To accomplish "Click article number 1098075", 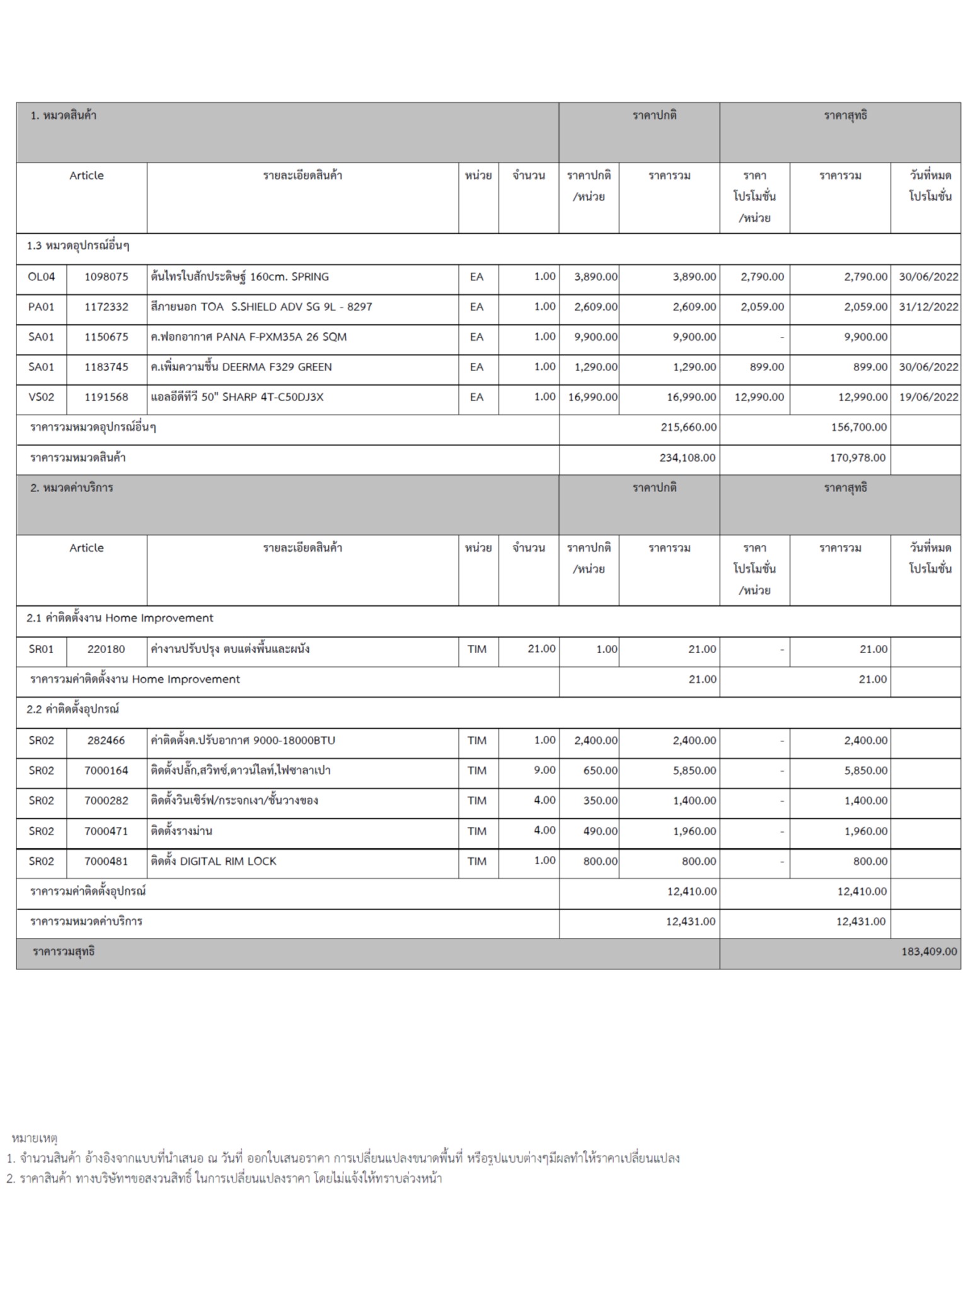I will [106, 277].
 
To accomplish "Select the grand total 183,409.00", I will [928, 952].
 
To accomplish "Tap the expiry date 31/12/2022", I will [928, 307].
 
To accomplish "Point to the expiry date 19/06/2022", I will [928, 397].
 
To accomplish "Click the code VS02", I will [42, 397].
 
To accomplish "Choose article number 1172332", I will [106, 307].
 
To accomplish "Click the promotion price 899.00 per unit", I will [767, 367].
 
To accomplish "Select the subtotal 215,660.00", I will [688, 427].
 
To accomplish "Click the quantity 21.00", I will [541, 649].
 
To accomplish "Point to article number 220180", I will [106, 649].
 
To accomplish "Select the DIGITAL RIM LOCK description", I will [213, 861].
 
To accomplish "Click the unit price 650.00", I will [600, 770].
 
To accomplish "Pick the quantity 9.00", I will [544, 770].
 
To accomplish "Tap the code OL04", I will [42, 277].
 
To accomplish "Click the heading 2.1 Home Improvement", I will [120, 619].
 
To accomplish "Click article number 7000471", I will [106, 831].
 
